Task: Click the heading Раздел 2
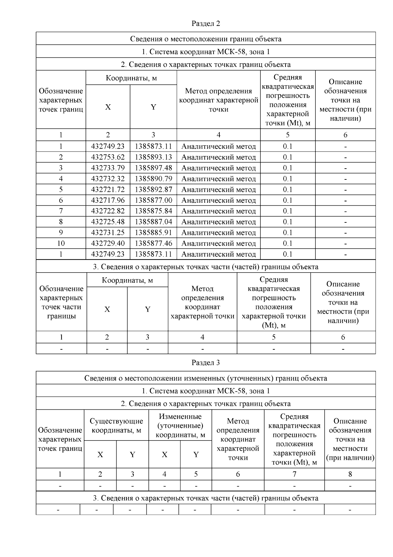click(x=206, y=24)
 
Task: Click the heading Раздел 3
click(x=206, y=363)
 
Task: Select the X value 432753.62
click(x=108, y=157)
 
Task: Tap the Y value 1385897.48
click(x=153, y=168)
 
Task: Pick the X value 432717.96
click(x=108, y=200)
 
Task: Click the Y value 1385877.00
click(x=153, y=200)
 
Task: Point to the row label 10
click(x=61, y=243)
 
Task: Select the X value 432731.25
click(x=108, y=233)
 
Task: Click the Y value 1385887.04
click(x=153, y=222)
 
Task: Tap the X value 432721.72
click(x=108, y=190)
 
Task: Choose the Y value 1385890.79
click(x=153, y=179)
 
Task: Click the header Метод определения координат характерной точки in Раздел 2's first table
click(x=218, y=100)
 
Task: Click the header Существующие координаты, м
click(x=116, y=425)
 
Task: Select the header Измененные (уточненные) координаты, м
click(x=180, y=425)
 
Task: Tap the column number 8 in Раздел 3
click(x=350, y=474)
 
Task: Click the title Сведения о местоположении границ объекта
click(x=206, y=39)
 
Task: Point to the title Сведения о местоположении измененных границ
click(x=206, y=378)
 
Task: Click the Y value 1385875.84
click(x=153, y=211)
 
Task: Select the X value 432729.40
click(x=108, y=243)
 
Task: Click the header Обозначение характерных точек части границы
click(x=61, y=302)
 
